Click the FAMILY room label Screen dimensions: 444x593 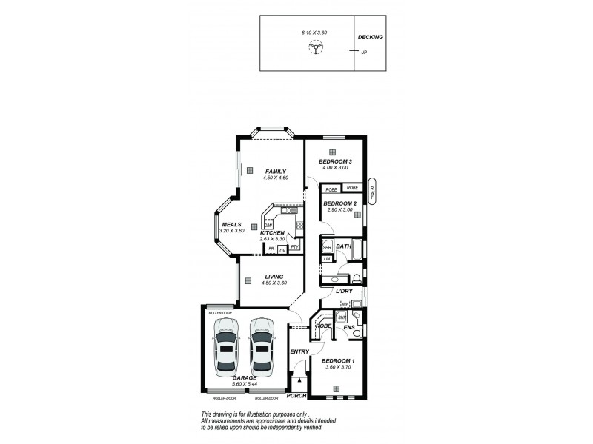(275, 172)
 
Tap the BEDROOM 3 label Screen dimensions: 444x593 (335, 161)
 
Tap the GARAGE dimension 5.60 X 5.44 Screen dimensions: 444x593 (245, 384)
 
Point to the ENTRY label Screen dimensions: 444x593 (299, 351)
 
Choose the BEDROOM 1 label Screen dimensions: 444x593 (337, 360)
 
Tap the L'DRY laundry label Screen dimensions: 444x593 (344, 292)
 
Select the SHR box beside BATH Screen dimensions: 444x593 (327, 246)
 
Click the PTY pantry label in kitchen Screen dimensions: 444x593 (294, 247)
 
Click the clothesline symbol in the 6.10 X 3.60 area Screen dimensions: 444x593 (315, 49)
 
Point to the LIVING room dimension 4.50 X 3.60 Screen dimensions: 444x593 (274, 283)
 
